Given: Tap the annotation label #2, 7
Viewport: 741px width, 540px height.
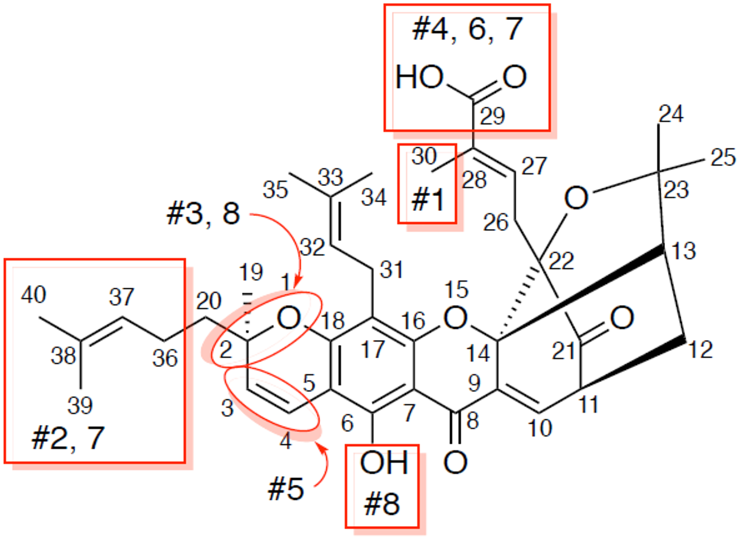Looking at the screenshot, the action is pyautogui.click(x=68, y=438).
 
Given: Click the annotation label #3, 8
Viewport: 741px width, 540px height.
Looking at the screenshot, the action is pyautogui.click(x=203, y=214).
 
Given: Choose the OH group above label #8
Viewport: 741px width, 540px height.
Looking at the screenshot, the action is pyautogui.click(x=384, y=463).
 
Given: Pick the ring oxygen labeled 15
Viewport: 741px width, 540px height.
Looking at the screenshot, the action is pyautogui.click(x=455, y=318).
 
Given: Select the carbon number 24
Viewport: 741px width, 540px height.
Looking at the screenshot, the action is pyautogui.click(x=671, y=114).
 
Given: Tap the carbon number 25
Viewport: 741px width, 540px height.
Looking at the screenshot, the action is pyautogui.click(x=723, y=157).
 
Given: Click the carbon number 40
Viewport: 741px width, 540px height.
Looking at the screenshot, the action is pyautogui.click(x=33, y=295).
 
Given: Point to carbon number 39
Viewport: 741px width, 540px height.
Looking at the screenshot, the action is pyautogui.click(x=80, y=405).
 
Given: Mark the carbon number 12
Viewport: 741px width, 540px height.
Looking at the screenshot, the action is pyautogui.click(x=701, y=349).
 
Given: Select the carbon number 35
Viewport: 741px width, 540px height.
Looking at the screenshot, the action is pyautogui.click(x=275, y=190).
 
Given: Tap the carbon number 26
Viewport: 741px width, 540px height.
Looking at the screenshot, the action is pyautogui.click(x=495, y=223).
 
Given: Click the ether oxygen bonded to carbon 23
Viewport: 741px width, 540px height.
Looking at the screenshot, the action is pyautogui.click(x=576, y=198).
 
